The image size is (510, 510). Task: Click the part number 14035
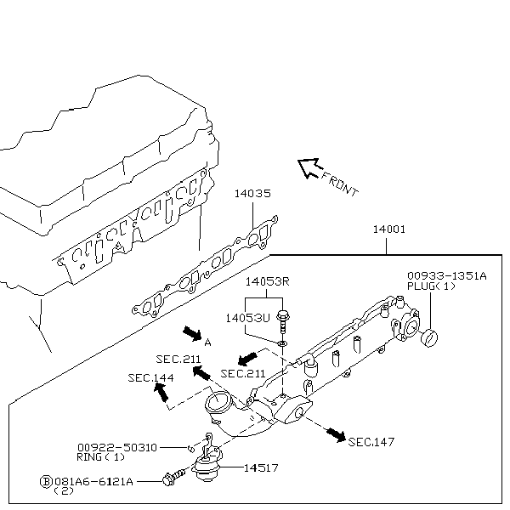coord(252,194)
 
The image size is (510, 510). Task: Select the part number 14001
coord(388,229)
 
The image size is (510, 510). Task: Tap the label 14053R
coord(268,281)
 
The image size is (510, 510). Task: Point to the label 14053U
coord(247,316)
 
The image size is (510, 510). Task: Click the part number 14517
coord(264,467)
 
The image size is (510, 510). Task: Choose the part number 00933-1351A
coord(446,275)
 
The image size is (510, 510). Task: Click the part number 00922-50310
coord(116,446)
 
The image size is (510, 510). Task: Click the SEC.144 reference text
coord(151,377)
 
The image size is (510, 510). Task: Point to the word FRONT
coord(340,184)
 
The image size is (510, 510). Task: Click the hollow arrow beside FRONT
coord(307,168)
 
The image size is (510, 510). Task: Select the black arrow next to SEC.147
coord(336,435)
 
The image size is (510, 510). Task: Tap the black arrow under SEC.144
coord(161,392)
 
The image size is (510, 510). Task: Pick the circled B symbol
coord(46,481)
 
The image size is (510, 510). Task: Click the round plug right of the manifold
coord(431,337)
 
